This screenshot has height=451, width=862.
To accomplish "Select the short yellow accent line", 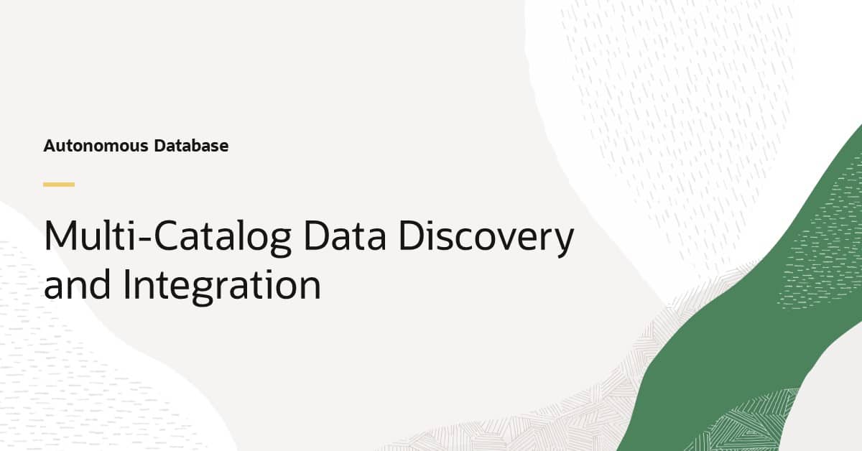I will click(59, 185).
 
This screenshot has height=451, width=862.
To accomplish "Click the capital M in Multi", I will click(59, 236).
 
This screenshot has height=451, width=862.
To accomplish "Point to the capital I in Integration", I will click(127, 285).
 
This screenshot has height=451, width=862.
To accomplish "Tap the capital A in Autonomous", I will click(50, 146).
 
